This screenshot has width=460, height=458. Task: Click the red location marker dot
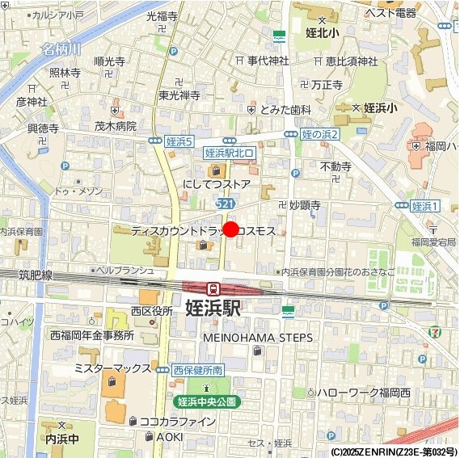230,229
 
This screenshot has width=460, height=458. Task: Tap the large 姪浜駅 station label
213,309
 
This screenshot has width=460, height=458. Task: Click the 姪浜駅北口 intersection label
230,152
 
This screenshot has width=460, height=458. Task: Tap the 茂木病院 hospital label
116,126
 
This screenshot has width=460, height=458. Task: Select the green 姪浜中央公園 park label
207,401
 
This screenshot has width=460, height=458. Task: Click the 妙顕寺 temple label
306,205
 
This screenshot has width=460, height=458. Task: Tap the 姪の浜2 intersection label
319,133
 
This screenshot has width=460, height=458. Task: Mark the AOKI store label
170,436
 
